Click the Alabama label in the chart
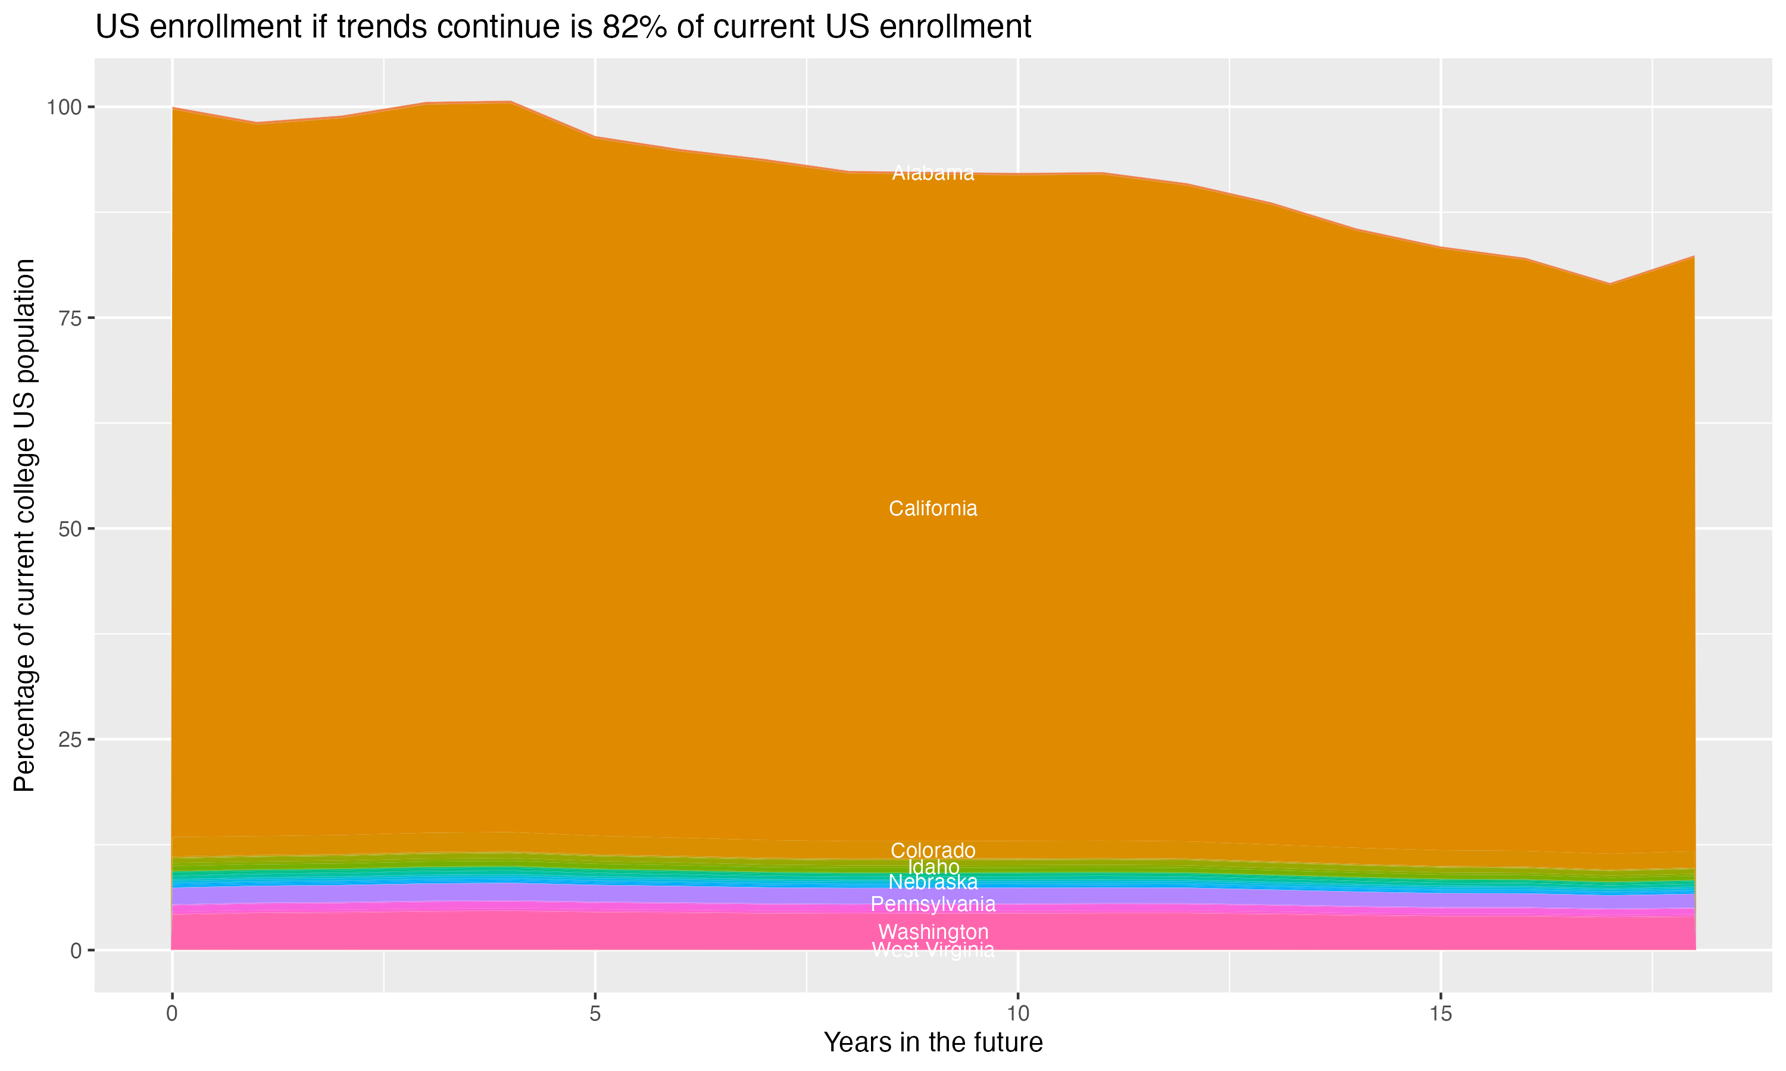933,173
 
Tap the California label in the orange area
933,509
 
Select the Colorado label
933,850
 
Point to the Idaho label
933,867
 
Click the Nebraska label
933,882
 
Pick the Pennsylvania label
933,904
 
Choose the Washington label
933,932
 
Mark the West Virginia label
933,950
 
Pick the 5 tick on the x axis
595,1014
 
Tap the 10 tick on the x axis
1017,1014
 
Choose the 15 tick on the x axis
1440,1014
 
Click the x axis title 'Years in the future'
933,1043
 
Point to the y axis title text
24,525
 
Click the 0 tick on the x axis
172,1014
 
